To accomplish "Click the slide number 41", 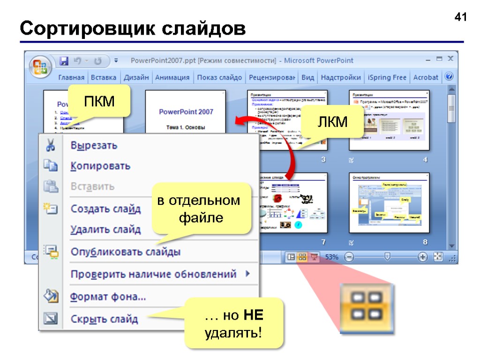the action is (x=461, y=18).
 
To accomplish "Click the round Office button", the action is (x=40, y=66).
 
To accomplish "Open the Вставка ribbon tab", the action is (x=104, y=77).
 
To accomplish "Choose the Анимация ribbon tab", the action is (x=172, y=77).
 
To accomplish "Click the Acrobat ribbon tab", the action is (x=426, y=77).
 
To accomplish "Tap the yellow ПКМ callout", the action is (x=99, y=100).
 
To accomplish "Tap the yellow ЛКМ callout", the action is (x=332, y=121).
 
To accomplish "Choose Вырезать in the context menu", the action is (x=94, y=145).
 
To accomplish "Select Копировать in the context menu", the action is (x=100, y=166).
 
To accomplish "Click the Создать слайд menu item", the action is (x=105, y=209).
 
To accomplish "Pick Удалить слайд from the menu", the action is (x=105, y=230).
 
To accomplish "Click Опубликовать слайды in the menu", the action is (x=125, y=252).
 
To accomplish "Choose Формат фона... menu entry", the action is (x=108, y=297).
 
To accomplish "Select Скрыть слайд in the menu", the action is (x=104, y=319).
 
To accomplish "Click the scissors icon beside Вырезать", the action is (x=50, y=145).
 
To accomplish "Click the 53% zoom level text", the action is (x=332, y=257).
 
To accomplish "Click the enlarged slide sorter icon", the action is (x=367, y=308).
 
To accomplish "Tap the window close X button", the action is (x=450, y=59).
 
